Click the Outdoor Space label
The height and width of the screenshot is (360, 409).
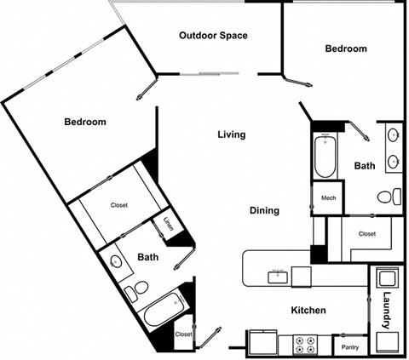point(213,36)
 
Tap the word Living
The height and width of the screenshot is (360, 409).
point(231,134)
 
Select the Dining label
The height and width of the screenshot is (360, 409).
point(264,210)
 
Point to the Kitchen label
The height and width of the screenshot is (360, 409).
point(308,311)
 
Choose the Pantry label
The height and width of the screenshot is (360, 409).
point(349,347)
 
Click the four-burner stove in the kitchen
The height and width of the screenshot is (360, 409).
point(305,344)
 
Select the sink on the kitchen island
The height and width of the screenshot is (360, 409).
point(278,274)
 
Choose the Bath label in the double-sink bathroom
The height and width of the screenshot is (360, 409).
point(365,166)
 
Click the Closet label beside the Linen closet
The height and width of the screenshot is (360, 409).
point(119,205)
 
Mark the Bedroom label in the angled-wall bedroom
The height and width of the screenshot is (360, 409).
point(85,122)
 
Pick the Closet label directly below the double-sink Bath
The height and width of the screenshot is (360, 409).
point(366,233)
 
